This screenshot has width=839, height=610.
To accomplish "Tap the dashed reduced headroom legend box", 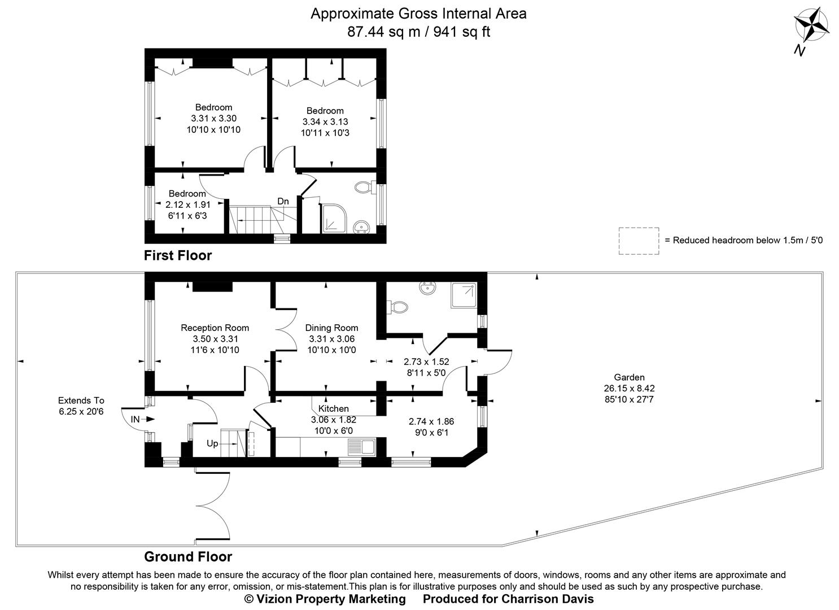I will point(639,241).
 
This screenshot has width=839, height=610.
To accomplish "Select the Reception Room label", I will point(215,328).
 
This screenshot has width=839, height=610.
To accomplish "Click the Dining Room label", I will point(331,328).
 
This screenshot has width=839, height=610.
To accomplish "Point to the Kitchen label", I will point(333,408).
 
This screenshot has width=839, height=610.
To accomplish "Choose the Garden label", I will point(629,377).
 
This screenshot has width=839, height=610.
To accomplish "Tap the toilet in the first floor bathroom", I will point(362,188).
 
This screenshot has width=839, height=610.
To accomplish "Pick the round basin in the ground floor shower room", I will point(427,289).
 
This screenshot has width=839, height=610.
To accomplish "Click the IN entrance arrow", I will point(142,419).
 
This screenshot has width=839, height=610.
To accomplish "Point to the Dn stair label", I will point(283,201).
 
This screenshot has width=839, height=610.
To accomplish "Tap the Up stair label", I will point(212,443).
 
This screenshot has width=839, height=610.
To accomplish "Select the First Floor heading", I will point(178,255).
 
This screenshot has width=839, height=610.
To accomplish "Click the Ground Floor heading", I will point(188,556).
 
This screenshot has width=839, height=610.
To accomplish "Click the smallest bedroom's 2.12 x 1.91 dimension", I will point(188,204).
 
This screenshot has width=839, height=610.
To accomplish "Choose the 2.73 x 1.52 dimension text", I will point(426,361).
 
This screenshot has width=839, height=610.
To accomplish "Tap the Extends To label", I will point(81,400).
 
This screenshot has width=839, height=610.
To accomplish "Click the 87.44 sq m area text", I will point(383,32).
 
